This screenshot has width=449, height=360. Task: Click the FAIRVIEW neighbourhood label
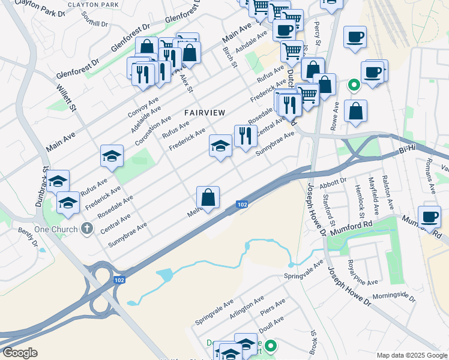click(205, 112)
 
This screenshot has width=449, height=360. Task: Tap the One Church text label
click(56, 229)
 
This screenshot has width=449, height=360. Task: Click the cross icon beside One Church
click(88, 229)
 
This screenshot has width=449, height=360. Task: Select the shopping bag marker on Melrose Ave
click(208, 197)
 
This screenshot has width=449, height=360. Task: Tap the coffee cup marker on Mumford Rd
click(429, 217)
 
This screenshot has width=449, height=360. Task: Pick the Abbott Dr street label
click(334, 181)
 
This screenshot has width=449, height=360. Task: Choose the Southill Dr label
click(96, 25)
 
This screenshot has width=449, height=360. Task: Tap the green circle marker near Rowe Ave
click(354, 86)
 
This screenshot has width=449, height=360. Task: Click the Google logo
click(20, 353)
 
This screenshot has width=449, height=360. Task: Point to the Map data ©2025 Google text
click(411, 355)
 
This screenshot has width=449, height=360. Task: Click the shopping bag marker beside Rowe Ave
click(355, 111)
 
